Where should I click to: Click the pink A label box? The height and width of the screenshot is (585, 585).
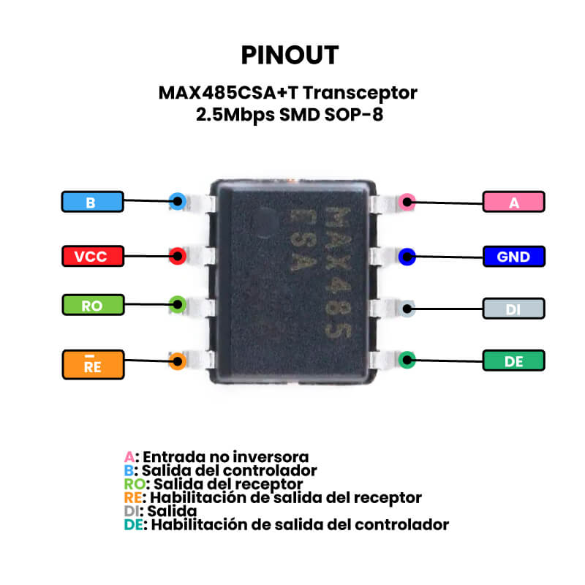[513, 203]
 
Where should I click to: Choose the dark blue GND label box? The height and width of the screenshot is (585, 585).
[513, 257]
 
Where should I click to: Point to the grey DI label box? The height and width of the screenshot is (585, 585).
[513, 309]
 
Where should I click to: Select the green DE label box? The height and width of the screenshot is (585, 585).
[513, 361]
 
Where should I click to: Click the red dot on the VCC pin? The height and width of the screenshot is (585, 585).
[176, 256]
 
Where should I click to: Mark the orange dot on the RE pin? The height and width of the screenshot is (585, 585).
[176, 361]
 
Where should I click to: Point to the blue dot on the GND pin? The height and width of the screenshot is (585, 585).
[407, 256]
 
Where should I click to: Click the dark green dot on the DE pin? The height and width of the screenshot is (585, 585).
[407, 360]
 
